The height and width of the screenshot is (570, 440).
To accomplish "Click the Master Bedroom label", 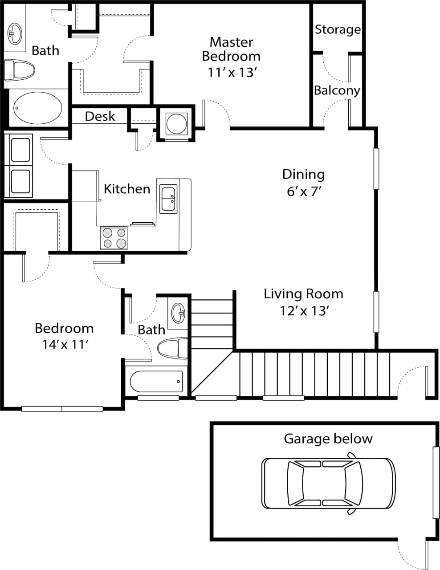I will (231, 49).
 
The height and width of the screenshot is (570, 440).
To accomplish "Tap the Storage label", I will (338, 29).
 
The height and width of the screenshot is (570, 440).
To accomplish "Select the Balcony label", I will (337, 90).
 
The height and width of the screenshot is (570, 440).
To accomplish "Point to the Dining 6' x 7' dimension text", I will (304, 191).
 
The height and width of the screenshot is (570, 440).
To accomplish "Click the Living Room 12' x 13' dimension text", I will (304, 310).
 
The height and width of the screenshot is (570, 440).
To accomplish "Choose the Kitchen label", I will (127, 189).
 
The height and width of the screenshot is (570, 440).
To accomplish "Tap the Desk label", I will (100, 116).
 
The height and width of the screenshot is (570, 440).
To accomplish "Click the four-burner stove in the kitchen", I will (114, 238).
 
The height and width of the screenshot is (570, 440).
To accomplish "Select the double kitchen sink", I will (169, 199).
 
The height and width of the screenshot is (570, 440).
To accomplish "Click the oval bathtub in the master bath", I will (38, 107).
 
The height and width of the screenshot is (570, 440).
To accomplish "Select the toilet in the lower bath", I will (173, 348).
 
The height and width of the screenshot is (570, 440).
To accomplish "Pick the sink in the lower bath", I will (178, 312).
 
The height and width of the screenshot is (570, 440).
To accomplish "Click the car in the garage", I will (328, 483).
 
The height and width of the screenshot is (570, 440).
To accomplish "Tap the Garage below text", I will (328, 439).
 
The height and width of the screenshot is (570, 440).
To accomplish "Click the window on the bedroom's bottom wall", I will (62, 408).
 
